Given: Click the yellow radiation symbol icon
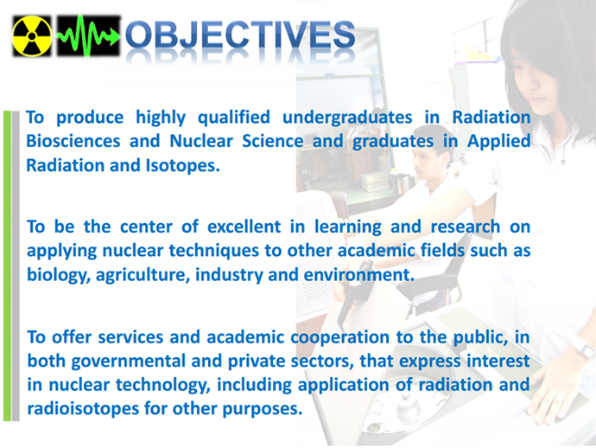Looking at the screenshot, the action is [x=32, y=36].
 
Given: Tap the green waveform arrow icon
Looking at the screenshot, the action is [x=88, y=36].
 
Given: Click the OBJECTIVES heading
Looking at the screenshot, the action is [x=240, y=35].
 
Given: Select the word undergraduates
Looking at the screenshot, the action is [x=347, y=118].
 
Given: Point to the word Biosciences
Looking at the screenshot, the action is [x=73, y=141].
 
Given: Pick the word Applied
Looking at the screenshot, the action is [x=498, y=142].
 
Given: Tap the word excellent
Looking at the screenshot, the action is [x=244, y=227].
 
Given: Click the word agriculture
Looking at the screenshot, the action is [x=143, y=276].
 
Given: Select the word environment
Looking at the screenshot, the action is [x=358, y=275].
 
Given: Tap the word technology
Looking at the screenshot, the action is [x=163, y=385].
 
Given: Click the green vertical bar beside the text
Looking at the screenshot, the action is [x=7, y=266].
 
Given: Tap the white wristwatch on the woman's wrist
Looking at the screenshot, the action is [x=582, y=346].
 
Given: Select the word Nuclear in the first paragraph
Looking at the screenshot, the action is [x=201, y=141].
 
